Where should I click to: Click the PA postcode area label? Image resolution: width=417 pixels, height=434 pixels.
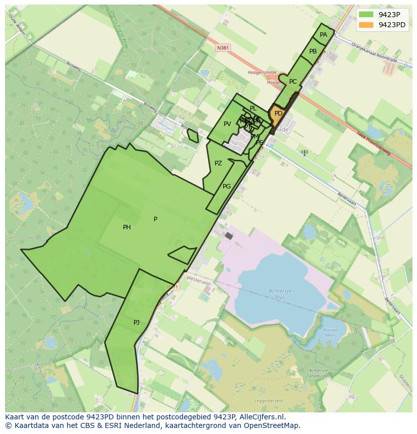(x=323, y=35)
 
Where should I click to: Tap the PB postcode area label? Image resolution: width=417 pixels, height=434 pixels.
(x=313, y=51)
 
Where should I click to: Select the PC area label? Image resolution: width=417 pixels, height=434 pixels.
(x=293, y=82)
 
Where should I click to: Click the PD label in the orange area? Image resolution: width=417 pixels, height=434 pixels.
(x=279, y=113)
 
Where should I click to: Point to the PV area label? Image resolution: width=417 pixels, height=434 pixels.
(x=227, y=124)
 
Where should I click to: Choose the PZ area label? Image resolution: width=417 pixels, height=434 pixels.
(x=218, y=163)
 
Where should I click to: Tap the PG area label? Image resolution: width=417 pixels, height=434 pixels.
(x=227, y=187)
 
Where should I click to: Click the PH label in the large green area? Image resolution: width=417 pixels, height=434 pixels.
(x=127, y=227)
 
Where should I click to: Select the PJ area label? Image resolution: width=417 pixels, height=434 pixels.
(x=136, y=323)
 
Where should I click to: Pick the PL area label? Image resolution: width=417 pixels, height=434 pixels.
(x=253, y=108)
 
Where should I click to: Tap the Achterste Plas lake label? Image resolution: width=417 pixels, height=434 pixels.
(x=280, y=294)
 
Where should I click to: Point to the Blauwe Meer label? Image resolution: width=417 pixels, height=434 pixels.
(x=330, y=333)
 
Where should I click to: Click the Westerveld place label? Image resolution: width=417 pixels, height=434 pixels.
(x=198, y=283)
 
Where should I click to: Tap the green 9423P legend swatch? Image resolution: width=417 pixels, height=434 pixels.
(x=367, y=14)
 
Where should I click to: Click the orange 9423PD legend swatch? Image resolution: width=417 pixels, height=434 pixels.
(x=367, y=25)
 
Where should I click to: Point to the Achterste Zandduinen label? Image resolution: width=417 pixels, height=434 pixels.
(x=318, y=373)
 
